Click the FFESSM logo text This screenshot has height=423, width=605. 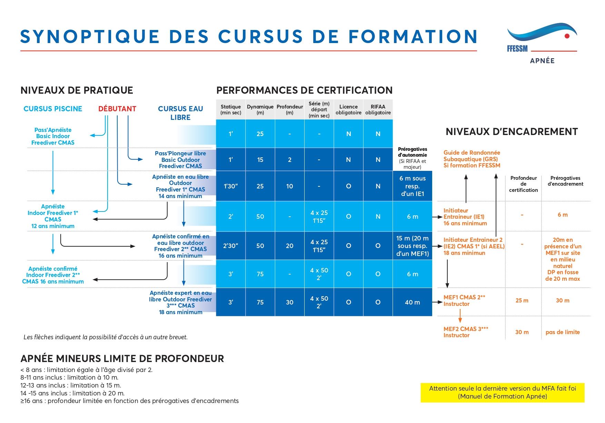[x=517, y=49]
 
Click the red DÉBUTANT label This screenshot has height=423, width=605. [x=117, y=109]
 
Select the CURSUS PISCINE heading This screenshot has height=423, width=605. [x=53, y=109]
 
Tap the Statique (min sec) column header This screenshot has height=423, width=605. [x=230, y=110]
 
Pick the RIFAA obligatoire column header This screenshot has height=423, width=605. [x=378, y=110]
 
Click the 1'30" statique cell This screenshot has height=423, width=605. [x=230, y=186]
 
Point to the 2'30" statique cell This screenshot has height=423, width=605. [x=230, y=246]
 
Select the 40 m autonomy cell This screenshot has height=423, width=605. [x=412, y=302]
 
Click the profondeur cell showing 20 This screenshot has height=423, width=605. [x=289, y=246]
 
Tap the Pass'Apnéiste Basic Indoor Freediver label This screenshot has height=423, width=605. [x=53, y=136]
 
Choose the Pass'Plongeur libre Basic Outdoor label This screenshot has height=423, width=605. [x=180, y=159]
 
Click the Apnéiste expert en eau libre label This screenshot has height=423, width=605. [x=180, y=302]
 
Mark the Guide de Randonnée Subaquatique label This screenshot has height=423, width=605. [x=472, y=159]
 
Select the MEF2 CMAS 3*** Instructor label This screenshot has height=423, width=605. [x=466, y=332]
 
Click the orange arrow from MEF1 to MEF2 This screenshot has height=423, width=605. [x=460, y=316]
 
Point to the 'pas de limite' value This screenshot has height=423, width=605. [x=563, y=332]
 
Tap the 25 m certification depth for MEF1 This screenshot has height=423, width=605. [x=522, y=301]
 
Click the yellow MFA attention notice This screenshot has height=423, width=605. [x=503, y=392]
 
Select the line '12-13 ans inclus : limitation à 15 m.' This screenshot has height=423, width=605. [x=71, y=385]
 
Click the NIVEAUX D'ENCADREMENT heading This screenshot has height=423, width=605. [x=512, y=132]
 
